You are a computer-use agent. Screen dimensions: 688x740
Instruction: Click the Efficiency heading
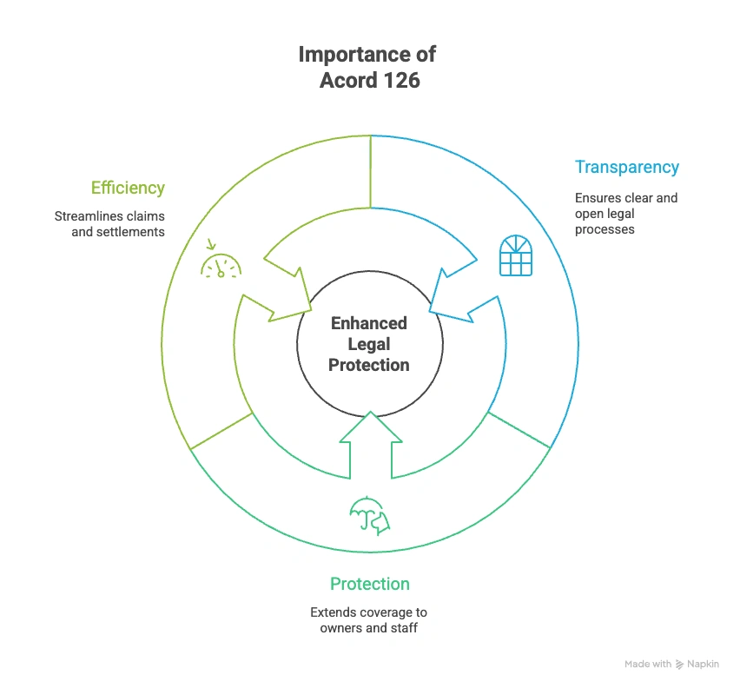(x=128, y=188)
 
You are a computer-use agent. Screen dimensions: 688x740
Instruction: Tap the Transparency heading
(x=626, y=167)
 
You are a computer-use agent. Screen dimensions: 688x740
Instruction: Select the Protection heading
(x=369, y=584)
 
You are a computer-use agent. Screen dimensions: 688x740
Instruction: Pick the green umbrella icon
(x=368, y=513)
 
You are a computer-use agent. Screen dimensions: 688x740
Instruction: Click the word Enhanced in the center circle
(x=369, y=323)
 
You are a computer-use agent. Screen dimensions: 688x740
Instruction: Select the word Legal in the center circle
(x=369, y=344)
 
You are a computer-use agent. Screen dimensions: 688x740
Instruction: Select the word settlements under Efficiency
(x=129, y=232)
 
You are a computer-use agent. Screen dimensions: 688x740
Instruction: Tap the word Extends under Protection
(x=333, y=612)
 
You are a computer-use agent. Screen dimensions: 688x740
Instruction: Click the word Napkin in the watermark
(x=704, y=664)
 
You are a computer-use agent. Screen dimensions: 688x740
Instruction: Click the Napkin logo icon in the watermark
(x=680, y=664)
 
